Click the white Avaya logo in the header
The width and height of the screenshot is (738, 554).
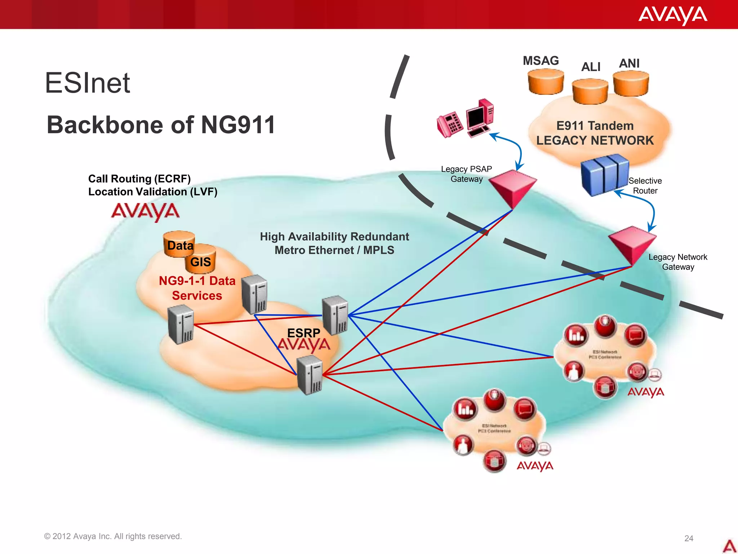[x=672, y=15]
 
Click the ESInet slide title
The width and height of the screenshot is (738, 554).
[x=87, y=83]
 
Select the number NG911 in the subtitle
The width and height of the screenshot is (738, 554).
[x=238, y=125]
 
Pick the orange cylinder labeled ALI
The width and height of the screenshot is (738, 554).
[x=590, y=92]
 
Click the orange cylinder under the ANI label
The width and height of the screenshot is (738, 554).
[x=631, y=83]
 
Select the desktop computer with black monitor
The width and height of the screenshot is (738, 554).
[x=480, y=118]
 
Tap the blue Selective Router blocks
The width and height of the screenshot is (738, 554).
[x=604, y=174]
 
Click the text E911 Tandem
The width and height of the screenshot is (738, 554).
[x=595, y=126]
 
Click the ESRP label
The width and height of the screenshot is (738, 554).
[x=303, y=333]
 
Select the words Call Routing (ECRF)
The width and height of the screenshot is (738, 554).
[x=139, y=179]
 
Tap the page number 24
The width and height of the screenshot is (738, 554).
[x=689, y=538]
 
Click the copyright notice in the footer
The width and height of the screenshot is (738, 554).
[x=113, y=536]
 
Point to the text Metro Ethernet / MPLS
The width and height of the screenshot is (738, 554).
[x=334, y=250]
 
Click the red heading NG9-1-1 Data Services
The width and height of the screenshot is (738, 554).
[x=197, y=288]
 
